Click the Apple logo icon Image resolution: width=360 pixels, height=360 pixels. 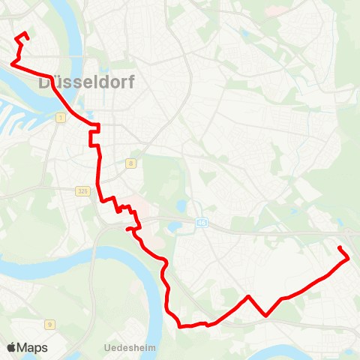pos(11,347)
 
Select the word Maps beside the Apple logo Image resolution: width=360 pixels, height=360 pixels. pos(32,347)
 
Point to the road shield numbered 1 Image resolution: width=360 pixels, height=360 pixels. pos(58,118)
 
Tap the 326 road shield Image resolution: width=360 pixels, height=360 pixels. pos(82,191)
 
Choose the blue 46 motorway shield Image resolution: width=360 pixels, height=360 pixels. pos(201,222)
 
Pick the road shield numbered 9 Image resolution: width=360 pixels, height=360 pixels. pos(49,324)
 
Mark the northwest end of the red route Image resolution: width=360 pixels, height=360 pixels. pos(25,33)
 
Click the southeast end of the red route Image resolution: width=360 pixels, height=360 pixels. pos(340,247)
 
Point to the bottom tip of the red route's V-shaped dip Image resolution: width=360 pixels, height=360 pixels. pos(266,316)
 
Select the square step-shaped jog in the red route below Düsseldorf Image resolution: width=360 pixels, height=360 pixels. pos(92,135)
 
